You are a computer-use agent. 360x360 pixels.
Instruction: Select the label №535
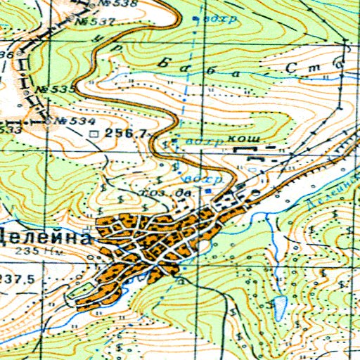pos(58,90)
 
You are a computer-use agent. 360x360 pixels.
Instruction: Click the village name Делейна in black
pos(46,237)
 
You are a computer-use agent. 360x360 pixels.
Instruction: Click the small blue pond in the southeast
pos(279,305)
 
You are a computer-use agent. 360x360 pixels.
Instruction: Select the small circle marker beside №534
pos(49,121)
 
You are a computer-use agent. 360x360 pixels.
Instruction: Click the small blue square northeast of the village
pos(208,190)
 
